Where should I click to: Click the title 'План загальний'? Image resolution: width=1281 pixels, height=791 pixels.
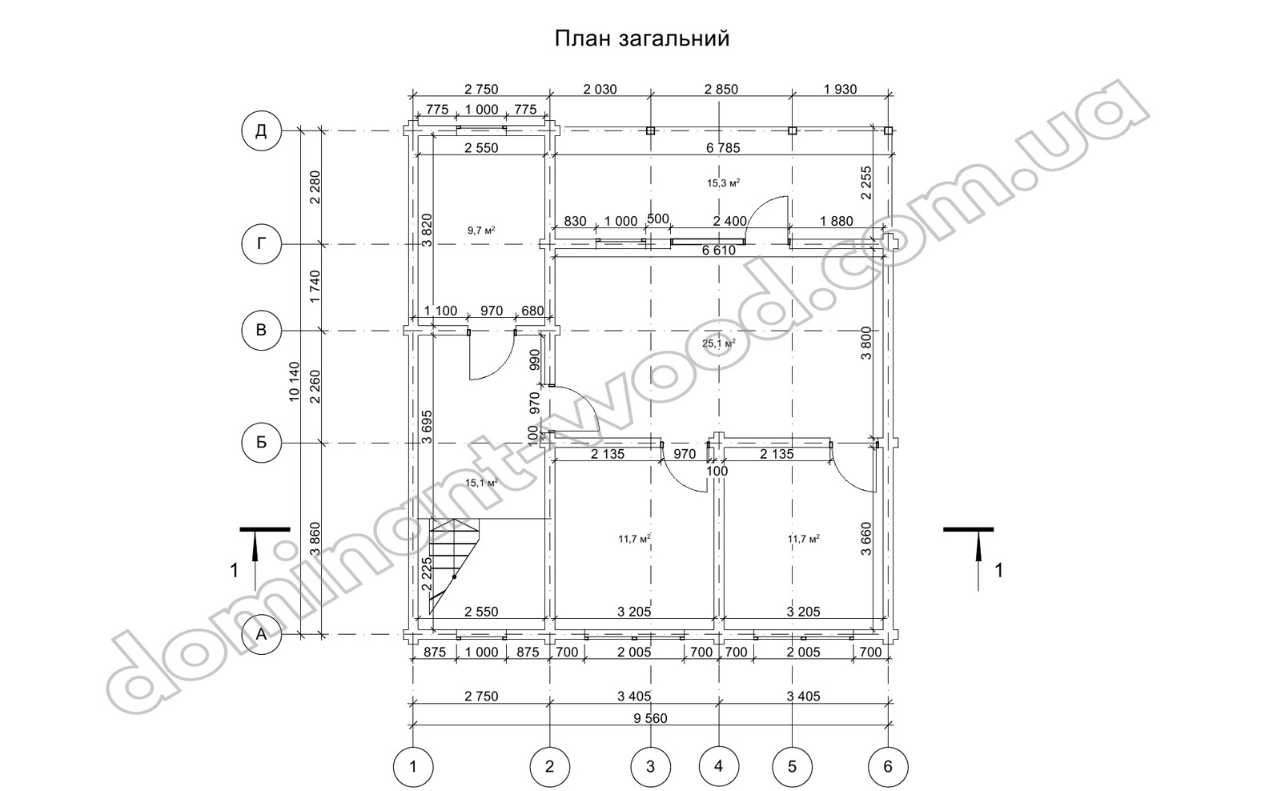(x=642, y=39)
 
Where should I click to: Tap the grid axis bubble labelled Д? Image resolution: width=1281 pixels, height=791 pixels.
(x=261, y=131)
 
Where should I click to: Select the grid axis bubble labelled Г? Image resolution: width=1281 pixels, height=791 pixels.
(x=261, y=244)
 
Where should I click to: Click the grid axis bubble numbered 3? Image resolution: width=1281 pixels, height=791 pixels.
(x=650, y=766)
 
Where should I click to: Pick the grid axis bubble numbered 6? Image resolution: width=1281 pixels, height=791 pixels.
(x=888, y=766)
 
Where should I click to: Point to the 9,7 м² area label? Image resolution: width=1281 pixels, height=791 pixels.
(x=481, y=231)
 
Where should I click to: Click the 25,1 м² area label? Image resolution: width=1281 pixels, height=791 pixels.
(x=719, y=343)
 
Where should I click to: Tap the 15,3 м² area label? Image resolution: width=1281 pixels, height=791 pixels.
(x=724, y=183)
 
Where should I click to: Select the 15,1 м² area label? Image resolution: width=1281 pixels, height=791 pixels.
(x=481, y=483)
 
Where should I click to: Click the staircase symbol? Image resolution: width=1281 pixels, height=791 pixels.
(x=454, y=566)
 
